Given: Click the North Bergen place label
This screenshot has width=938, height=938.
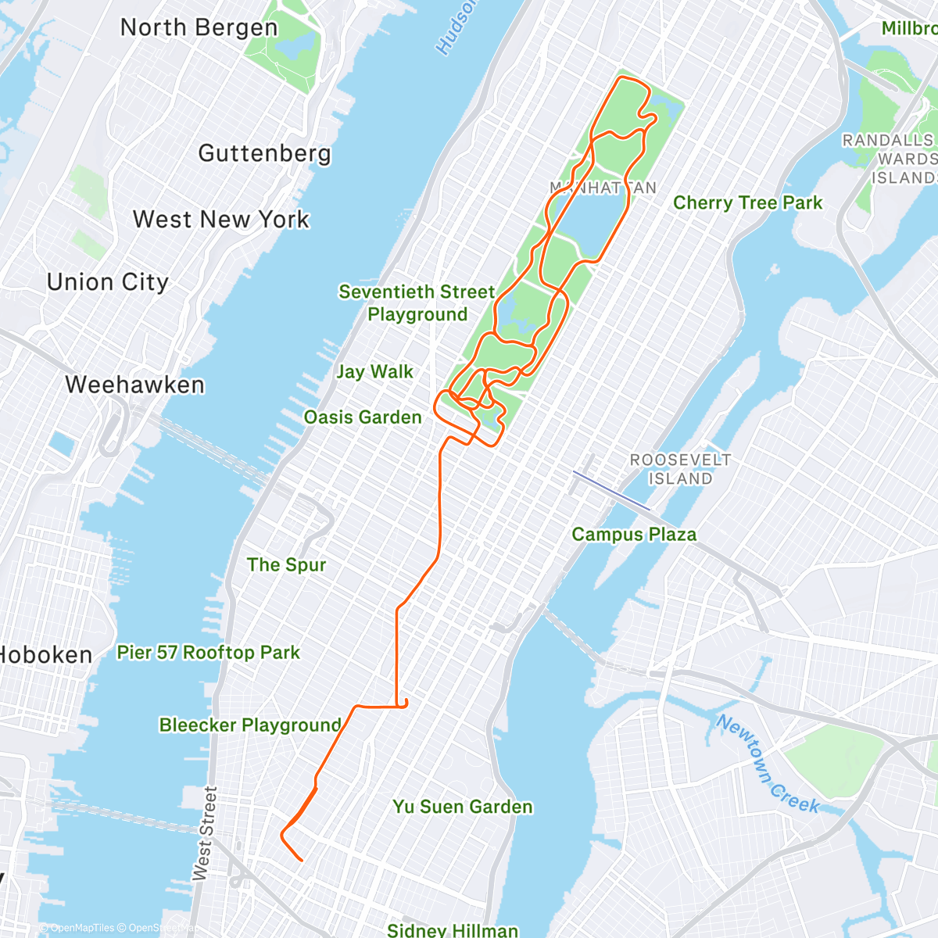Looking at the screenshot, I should click(199, 28).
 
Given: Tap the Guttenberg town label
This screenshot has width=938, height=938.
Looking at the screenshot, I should click(264, 153).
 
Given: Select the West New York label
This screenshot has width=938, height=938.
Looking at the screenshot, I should click(221, 220).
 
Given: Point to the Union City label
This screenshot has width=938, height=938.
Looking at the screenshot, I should click(108, 282).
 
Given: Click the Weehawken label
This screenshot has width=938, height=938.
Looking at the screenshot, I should click(135, 385).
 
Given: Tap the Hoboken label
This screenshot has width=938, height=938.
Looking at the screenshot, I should click(45, 655).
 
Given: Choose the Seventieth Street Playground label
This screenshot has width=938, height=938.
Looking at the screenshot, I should click(417, 303).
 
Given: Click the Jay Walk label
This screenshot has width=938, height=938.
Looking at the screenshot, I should click(374, 372).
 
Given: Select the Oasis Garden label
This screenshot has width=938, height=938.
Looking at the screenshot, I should click(363, 417).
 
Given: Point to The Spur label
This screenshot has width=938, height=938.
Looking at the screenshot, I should click(286, 565).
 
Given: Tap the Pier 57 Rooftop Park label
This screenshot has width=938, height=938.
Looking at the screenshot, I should click(209, 653).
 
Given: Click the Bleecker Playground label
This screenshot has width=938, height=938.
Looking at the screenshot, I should click(250, 725).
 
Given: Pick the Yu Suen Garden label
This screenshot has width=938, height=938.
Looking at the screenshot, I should click(463, 807).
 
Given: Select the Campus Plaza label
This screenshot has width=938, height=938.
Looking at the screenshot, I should click(634, 535).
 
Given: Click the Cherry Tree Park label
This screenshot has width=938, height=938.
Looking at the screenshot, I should click(747, 203).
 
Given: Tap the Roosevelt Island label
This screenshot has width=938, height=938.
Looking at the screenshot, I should click(681, 469).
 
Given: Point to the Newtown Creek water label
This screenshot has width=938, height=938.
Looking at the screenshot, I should click(768, 764).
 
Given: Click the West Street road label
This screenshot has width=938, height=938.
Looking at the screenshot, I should click(205, 833).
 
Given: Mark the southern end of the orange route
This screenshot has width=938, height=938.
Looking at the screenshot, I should click(302, 861).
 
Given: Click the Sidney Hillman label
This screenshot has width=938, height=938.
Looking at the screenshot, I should click(453, 929).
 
